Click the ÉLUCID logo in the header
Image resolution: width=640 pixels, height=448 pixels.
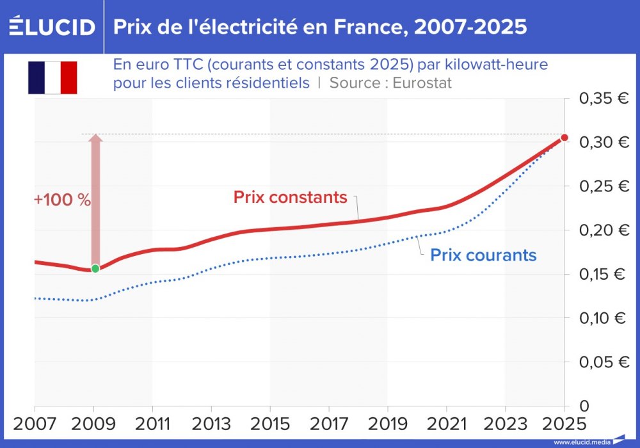pyautogui.click(x=52, y=26)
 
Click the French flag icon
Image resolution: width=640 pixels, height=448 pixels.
pyautogui.click(x=52, y=77)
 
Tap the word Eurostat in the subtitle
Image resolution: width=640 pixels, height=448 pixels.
pyautogui.click(x=422, y=83)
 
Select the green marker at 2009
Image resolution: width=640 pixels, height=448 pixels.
pyautogui.click(x=95, y=268)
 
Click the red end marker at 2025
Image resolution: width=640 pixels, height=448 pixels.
pyautogui.click(x=564, y=138)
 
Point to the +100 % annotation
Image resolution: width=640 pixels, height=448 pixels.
pyautogui.click(x=63, y=199)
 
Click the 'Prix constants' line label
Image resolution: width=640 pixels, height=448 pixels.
pyautogui.click(x=290, y=197)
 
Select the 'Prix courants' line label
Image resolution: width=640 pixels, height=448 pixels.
pyautogui.click(x=483, y=255)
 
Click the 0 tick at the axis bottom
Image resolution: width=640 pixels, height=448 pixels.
pyautogui.click(x=584, y=406)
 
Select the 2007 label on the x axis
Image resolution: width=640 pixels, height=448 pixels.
pyautogui.click(x=35, y=424)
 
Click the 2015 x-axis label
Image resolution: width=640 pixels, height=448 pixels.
pyautogui.click(x=269, y=424)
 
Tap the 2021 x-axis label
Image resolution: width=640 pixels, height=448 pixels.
pyautogui.click(x=446, y=424)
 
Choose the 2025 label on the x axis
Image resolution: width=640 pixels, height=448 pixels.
pyautogui.click(x=563, y=424)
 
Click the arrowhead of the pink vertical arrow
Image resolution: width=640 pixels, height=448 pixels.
pyautogui.click(x=95, y=139)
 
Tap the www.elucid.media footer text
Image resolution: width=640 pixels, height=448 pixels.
pyautogui.click(x=581, y=442)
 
